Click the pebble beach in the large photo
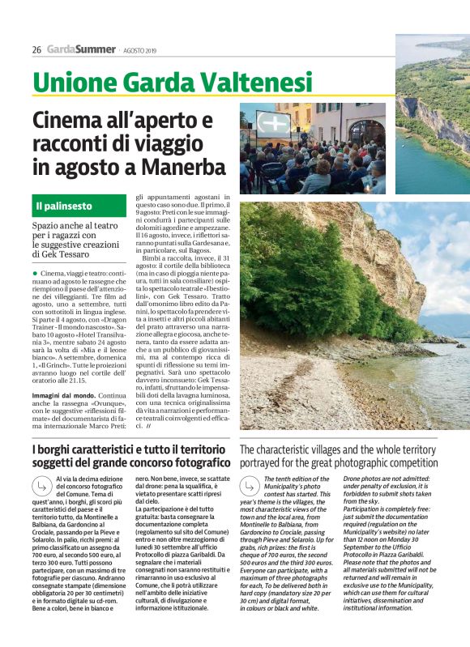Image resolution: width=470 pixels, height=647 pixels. click(324, 389)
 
